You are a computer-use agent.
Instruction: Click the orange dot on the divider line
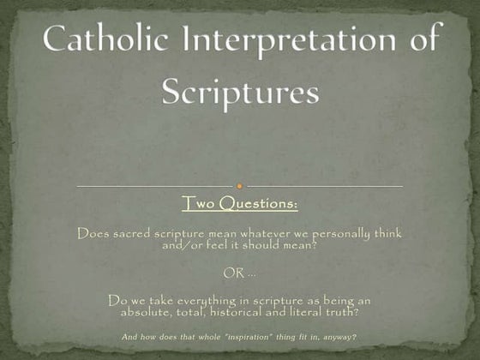click(240, 185)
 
